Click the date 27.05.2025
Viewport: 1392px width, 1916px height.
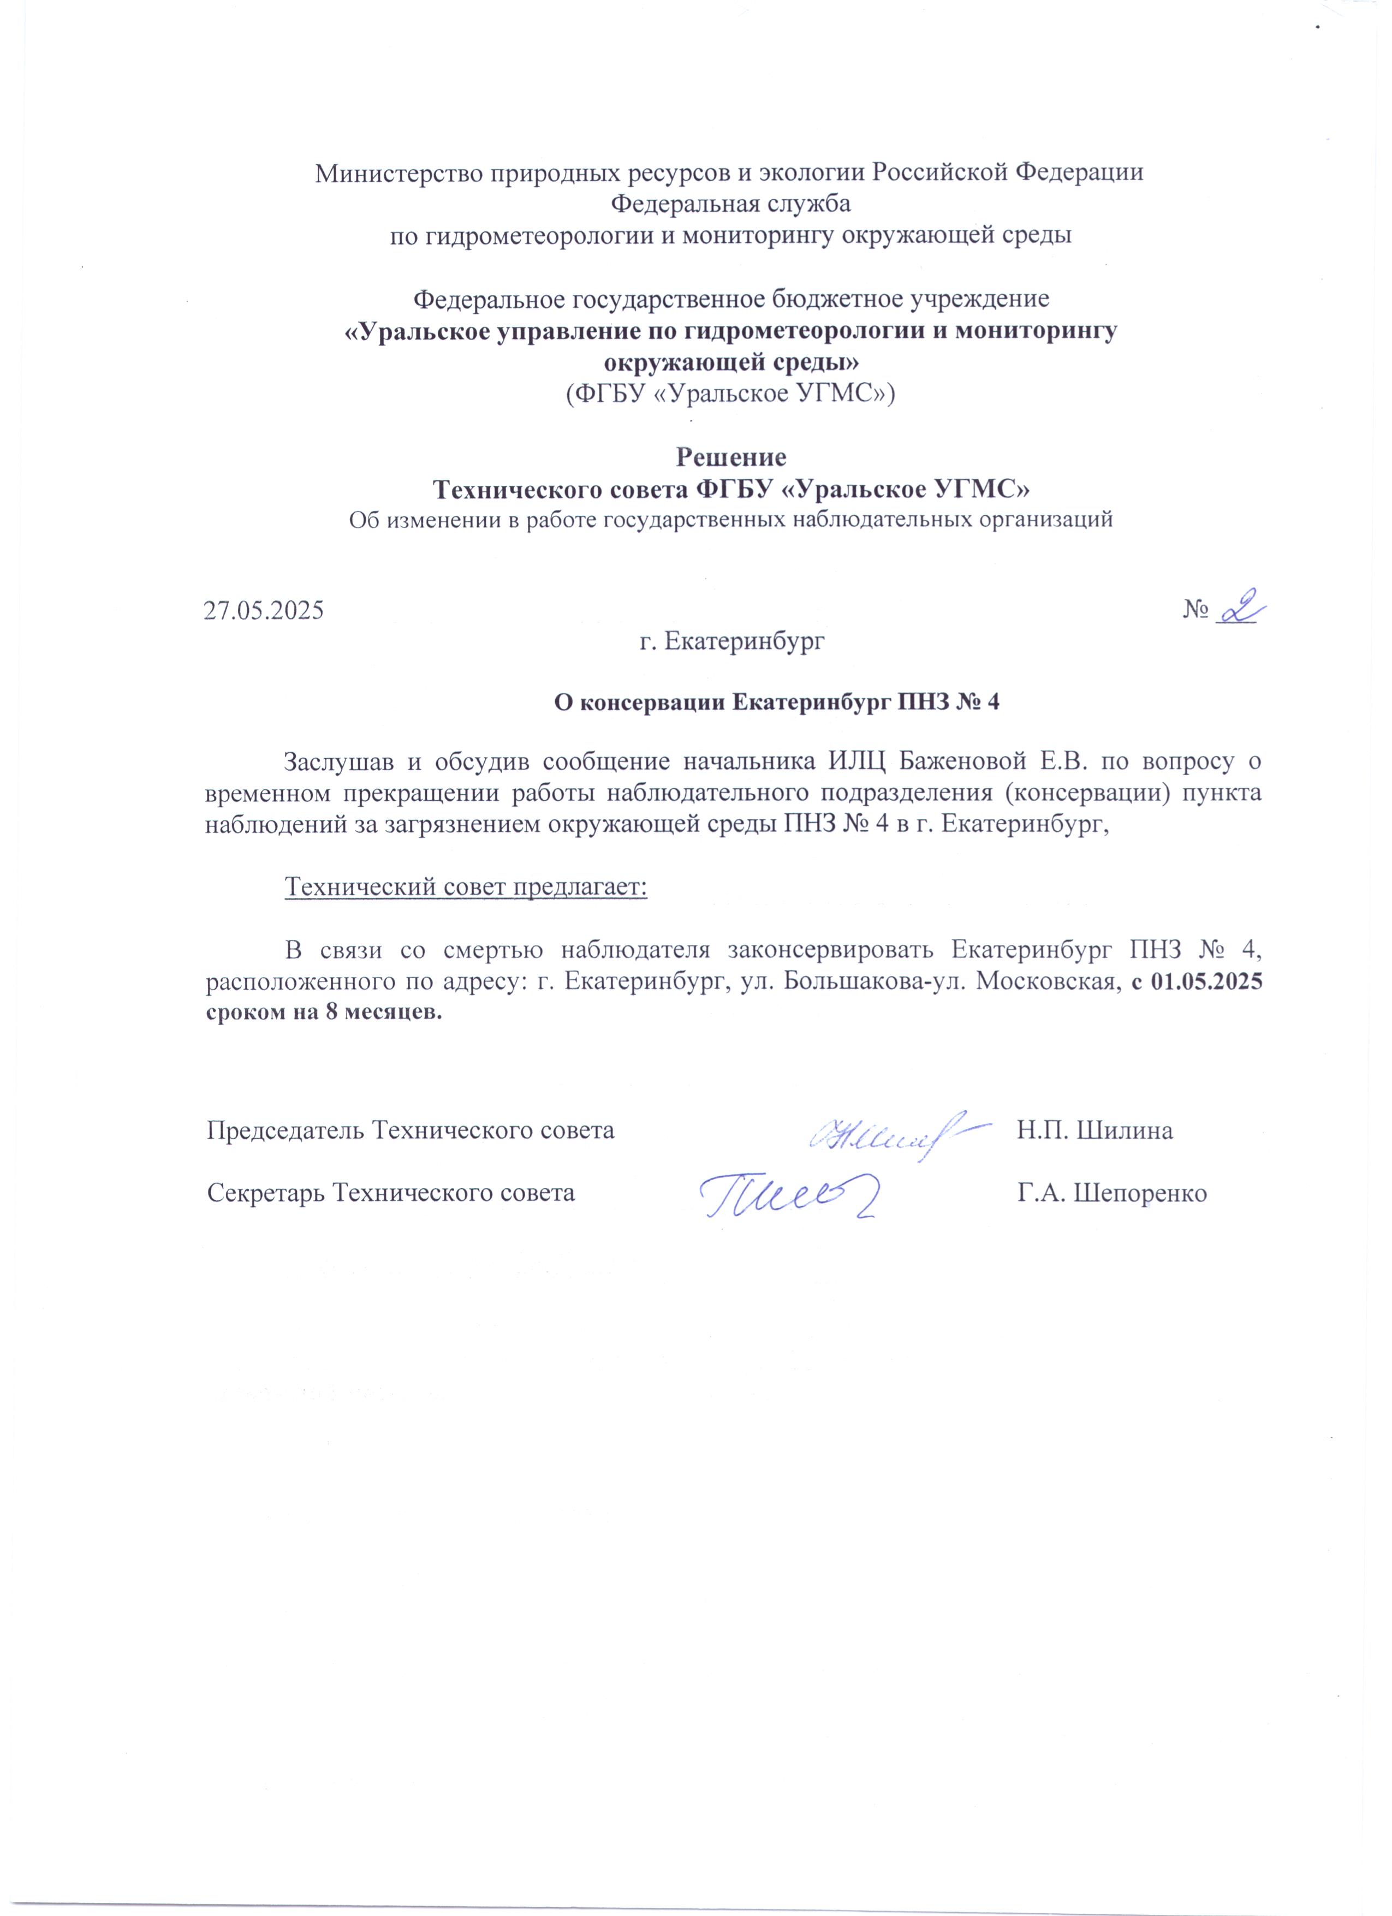pyautogui.click(x=264, y=610)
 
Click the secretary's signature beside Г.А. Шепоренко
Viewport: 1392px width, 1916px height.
pyautogui.click(x=787, y=1191)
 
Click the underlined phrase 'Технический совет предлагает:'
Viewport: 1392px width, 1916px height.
pyautogui.click(x=466, y=887)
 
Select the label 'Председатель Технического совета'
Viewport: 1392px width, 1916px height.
pyautogui.click(x=411, y=1131)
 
